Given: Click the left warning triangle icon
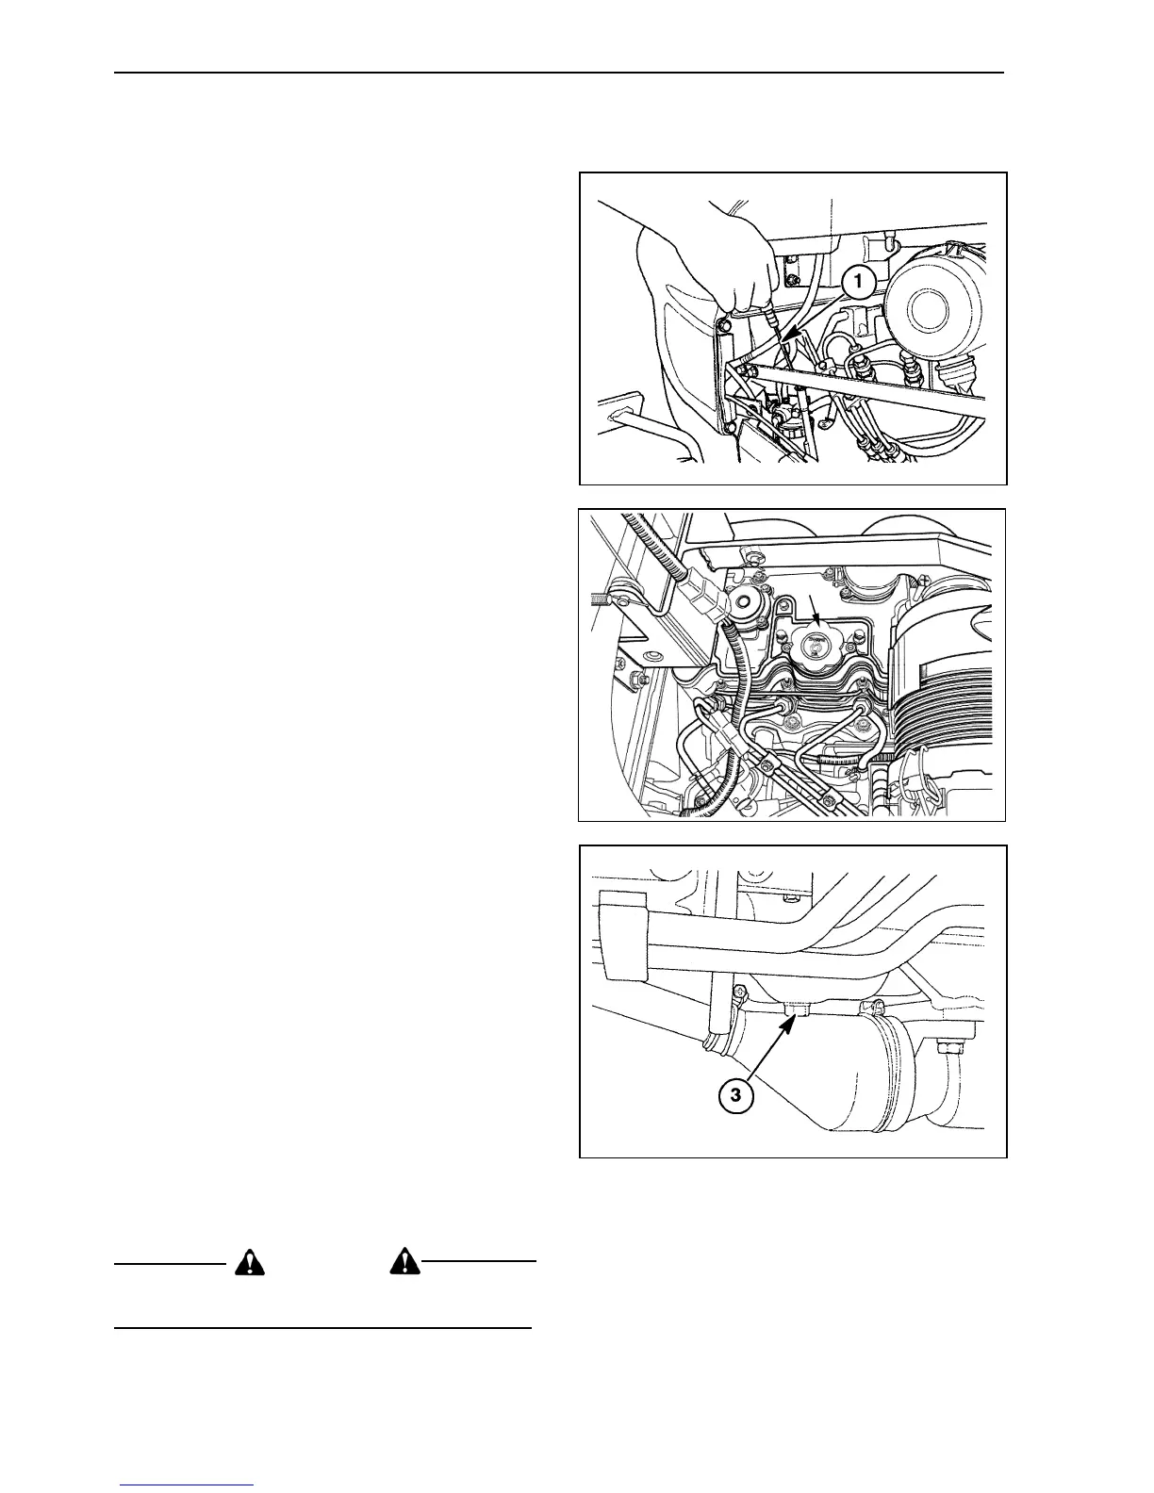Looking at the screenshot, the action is [247, 1263].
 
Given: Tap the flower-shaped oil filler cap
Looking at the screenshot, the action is [816, 648].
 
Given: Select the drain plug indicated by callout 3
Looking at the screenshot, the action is [798, 1011].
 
